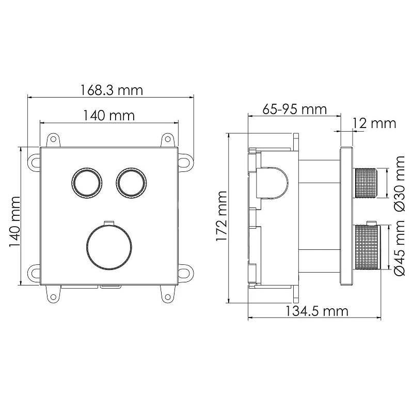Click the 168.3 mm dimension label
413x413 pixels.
point(111,90)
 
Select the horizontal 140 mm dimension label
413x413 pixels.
point(109,115)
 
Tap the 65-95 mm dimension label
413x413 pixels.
point(294,109)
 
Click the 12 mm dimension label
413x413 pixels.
point(374,123)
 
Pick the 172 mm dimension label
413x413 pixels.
point(221,216)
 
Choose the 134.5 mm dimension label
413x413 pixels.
point(317,311)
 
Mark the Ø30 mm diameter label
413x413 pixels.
point(400,183)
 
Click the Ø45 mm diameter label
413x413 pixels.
point(400,247)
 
